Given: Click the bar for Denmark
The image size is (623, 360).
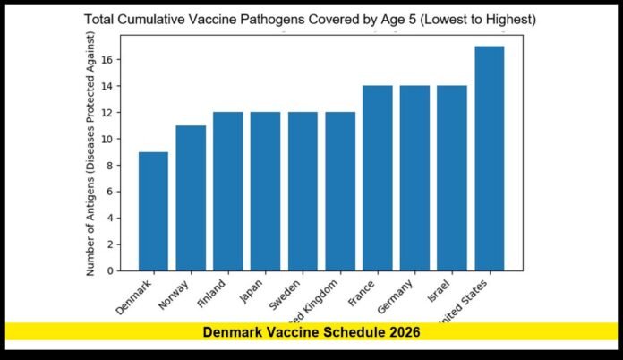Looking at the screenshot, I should point(153,210).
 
